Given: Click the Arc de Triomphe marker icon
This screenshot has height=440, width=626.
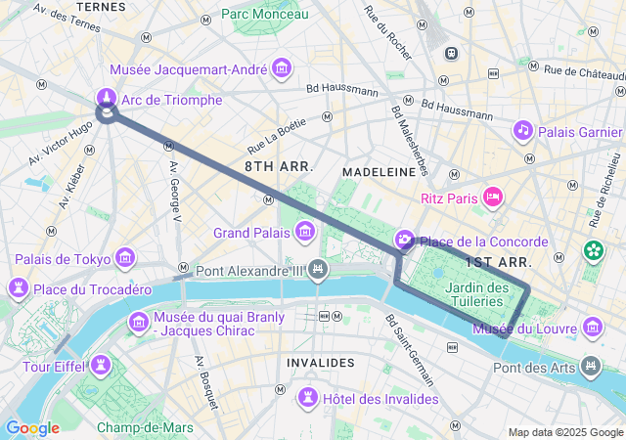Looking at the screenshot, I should click(x=106, y=99).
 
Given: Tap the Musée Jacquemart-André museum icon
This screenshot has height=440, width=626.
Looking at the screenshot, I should click(x=283, y=68).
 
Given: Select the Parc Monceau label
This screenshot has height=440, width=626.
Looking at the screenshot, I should click(x=264, y=14).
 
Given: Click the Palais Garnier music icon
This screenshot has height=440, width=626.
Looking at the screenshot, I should click(x=523, y=130).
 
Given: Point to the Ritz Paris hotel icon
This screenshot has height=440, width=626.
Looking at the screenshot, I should click(x=494, y=198).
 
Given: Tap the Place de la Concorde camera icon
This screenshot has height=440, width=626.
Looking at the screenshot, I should click(x=404, y=241).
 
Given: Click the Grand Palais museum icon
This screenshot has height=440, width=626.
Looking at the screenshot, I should click(x=305, y=232).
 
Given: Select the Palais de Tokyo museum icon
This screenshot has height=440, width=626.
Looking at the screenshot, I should click(x=125, y=258).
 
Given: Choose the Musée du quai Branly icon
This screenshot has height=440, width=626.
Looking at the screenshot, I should click(x=139, y=322).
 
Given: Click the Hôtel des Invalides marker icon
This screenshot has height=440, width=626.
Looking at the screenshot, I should click(x=308, y=398).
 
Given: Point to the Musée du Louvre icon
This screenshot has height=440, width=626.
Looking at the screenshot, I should click(x=592, y=327).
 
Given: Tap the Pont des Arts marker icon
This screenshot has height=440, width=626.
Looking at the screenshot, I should click(x=591, y=367).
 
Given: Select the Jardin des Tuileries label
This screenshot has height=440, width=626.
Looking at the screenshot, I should click(x=476, y=294).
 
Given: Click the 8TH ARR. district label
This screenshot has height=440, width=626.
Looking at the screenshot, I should click(x=279, y=167).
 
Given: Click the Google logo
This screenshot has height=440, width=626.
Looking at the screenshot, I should click(x=32, y=427).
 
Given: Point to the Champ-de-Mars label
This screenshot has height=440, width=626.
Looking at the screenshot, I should click(x=144, y=427).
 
